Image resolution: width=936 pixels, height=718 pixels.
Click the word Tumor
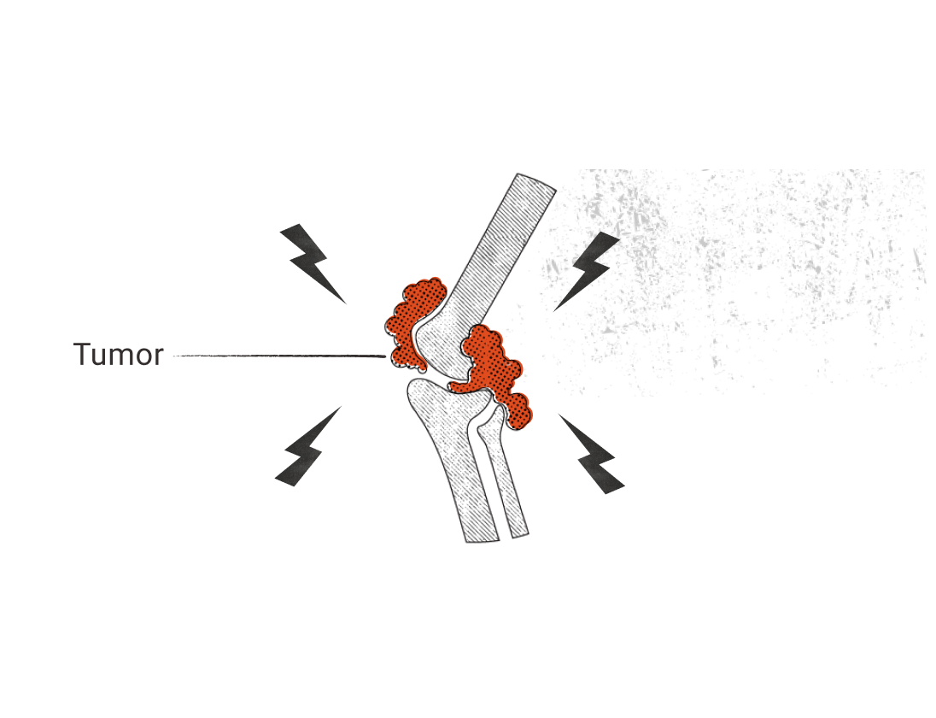(118, 354)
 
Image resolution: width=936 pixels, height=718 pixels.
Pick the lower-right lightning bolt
(594, 458)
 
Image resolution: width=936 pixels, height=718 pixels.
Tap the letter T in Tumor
(83, 354)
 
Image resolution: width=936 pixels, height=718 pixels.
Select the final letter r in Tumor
(157, 356)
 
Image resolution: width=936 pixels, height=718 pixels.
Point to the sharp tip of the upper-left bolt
(347, 303)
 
